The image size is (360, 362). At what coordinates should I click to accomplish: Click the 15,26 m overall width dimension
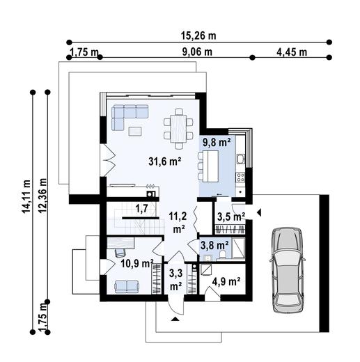198,36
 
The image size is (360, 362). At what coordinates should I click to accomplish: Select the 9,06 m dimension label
197,52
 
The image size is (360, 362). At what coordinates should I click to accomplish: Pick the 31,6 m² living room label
164,162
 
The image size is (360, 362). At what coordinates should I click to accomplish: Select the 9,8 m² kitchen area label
216,142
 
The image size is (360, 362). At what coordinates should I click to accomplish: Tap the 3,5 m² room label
229,217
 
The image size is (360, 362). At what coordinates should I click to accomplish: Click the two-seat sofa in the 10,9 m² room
126,285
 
